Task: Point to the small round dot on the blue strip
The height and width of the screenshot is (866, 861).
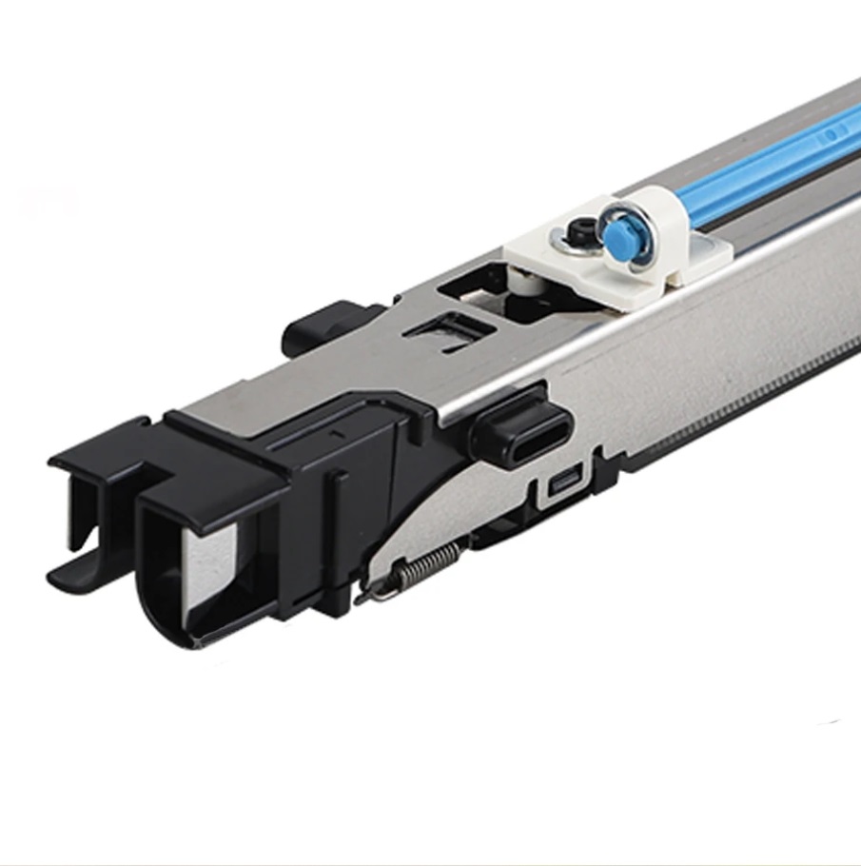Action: (x=830, y=135)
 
